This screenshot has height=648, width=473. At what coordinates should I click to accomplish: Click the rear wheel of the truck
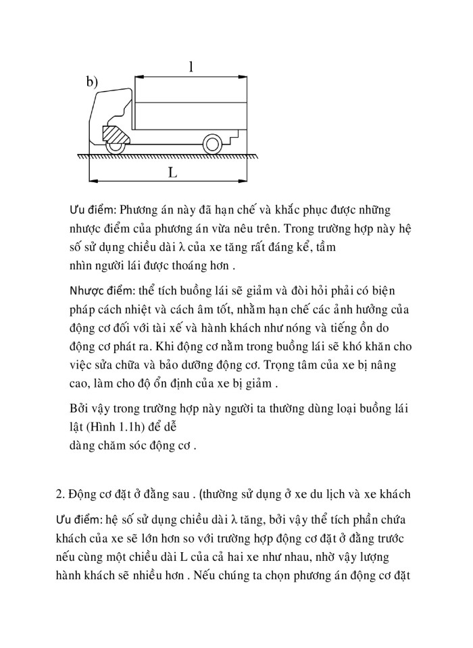[211, 144]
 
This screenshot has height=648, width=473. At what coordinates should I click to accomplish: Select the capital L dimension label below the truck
[172, 172]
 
